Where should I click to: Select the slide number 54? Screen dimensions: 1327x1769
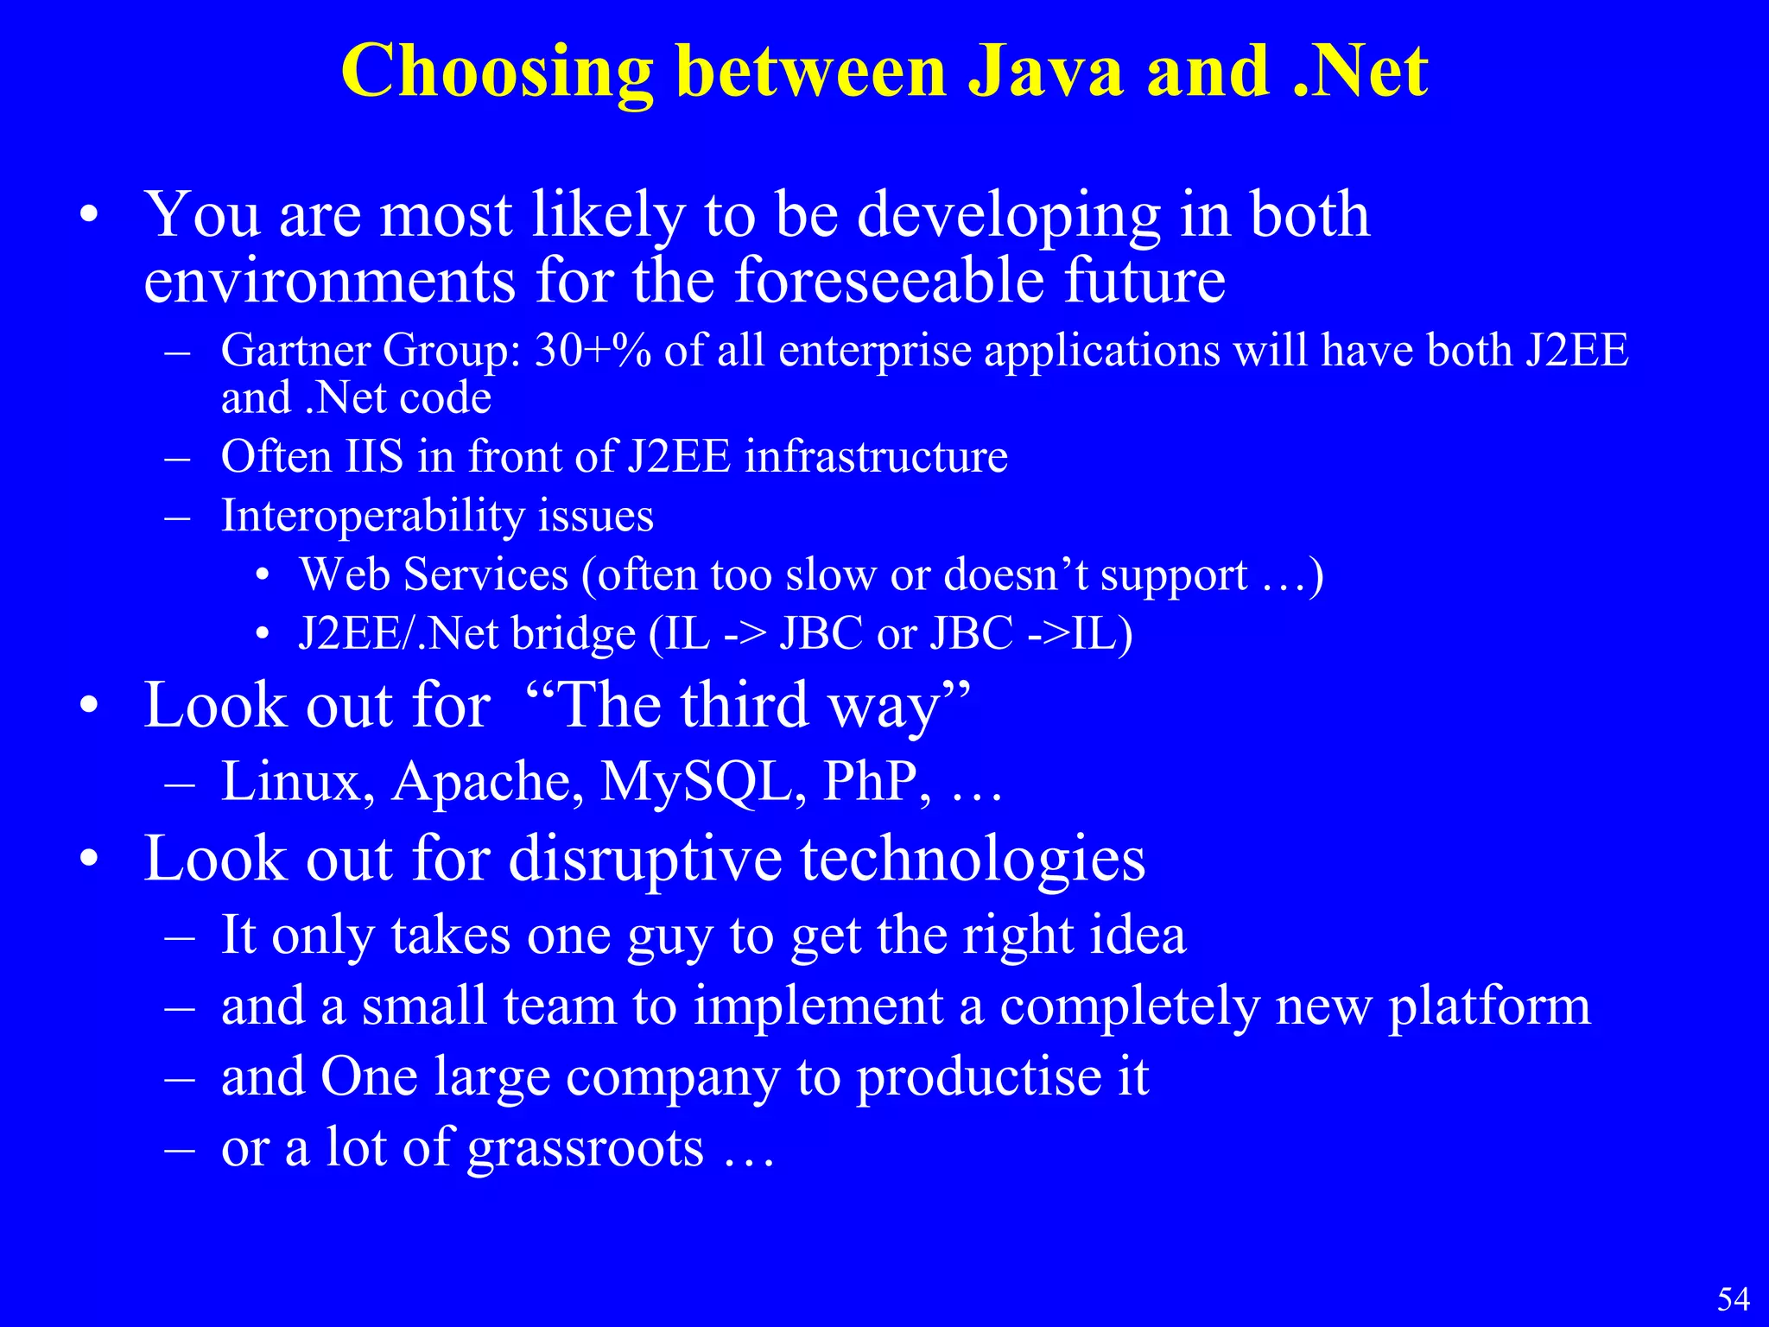[1733, 1299]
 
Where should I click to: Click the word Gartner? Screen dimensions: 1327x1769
[295, 352]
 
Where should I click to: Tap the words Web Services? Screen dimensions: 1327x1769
[434, 575]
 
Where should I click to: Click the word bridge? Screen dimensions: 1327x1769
[573, 634]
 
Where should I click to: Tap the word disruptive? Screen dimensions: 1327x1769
[644, 860]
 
